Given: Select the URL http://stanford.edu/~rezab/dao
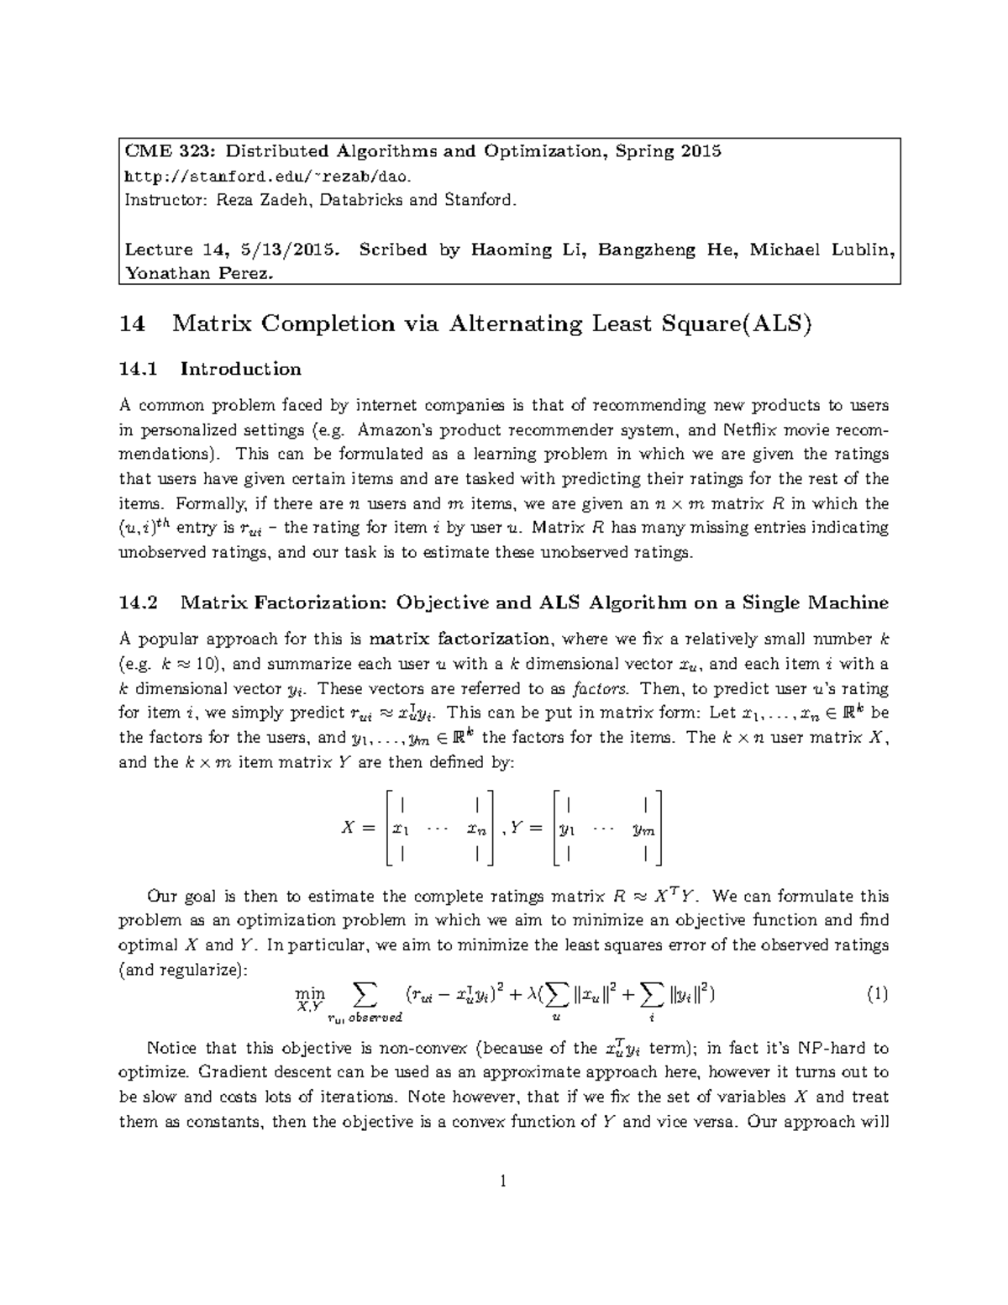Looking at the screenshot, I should click(269, 176).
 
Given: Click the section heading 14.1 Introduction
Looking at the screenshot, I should click(210, 369).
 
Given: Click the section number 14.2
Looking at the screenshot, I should click(139, 603).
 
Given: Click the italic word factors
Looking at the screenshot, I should click(599, 689).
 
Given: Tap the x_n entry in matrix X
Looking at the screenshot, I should click(476, 829).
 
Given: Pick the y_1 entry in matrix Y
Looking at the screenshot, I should click(568, 829).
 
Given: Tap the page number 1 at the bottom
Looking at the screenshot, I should click(503, 1182).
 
